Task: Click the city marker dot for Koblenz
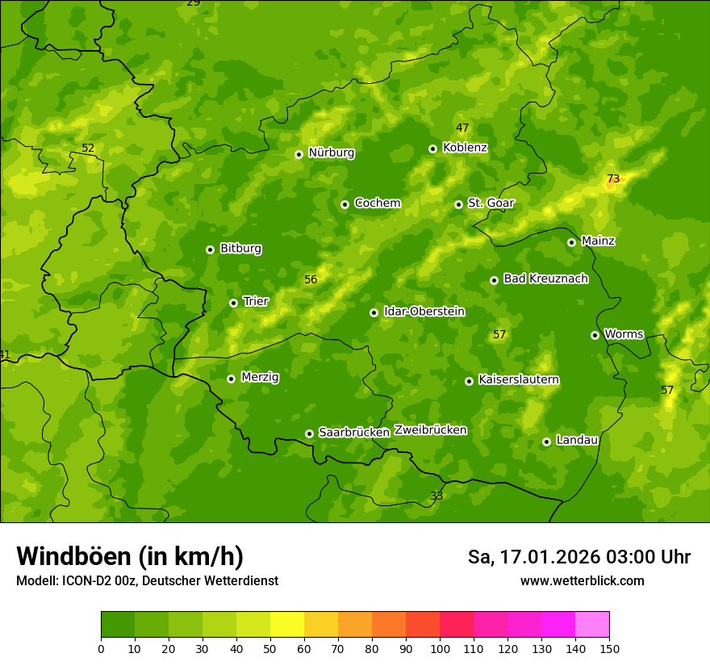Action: [x=433, y=149]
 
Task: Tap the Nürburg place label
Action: [x=331, y=153]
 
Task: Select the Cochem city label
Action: [x=377, y=203]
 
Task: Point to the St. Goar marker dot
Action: [x=458, y=204]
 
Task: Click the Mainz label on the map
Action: [x=598, y=241]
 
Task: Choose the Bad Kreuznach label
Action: [x=545, y=278]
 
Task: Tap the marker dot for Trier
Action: [x=233, y=303]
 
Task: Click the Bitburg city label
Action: [x=240, y=249]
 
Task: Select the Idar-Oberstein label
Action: [x=424, y=312]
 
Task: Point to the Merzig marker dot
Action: [x=231, y=379]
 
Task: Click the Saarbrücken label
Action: [x=354, y=433]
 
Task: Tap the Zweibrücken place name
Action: [x=430, y=430]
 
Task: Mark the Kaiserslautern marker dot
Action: [x=469, y=381]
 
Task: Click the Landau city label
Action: [x=577, y=440]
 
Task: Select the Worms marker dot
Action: [x=595, y=335]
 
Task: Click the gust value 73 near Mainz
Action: [x=613, y=179]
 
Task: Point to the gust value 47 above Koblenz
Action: [x=462, y=128]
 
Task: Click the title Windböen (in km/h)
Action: [x=130, y=556]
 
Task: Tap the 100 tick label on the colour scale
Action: [x=440, y=648]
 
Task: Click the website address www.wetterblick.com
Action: [x=582, y=581]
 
